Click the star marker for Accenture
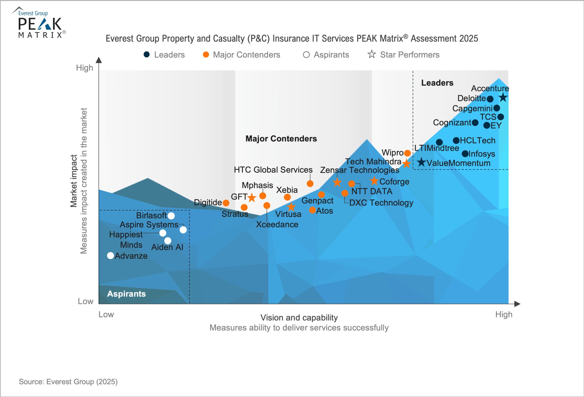pyautogui.click(x=503, y=98)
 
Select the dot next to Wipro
pyautogui.click(x=407, y=153)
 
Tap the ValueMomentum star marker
pyautogui.click(x=421, y=162)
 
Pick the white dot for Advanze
pyautogui.click(x=111, y=255)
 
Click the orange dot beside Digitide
pyautogui.click(x=226, y=203)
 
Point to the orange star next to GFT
pyautogui.click(x=252, y=198)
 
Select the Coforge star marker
pyautogui.click(x=374, y=180)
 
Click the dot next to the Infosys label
pyautogui.click(x=465, y=153)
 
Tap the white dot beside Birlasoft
pyautogui.click(x=171, y=216)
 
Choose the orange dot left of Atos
pyautogui.click(x=312, y=210)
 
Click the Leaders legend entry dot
pyautogui.click(x=146, y=54)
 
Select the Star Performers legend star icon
pyautogui.click(x=371, y=54)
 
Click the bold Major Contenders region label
pyautogui.click(x=281, y=139)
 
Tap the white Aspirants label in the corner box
pyautogui.click(x=126, y=294)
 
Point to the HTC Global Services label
pyautogui.click(x=273, y=170)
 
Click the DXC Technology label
pyautogui.click(x=381, y=203)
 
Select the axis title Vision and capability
pyautogui.click(x=299, y=318)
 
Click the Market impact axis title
pyautogui.click(x=73, y=181)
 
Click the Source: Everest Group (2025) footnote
pyautogui.click(x=68, y=382)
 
